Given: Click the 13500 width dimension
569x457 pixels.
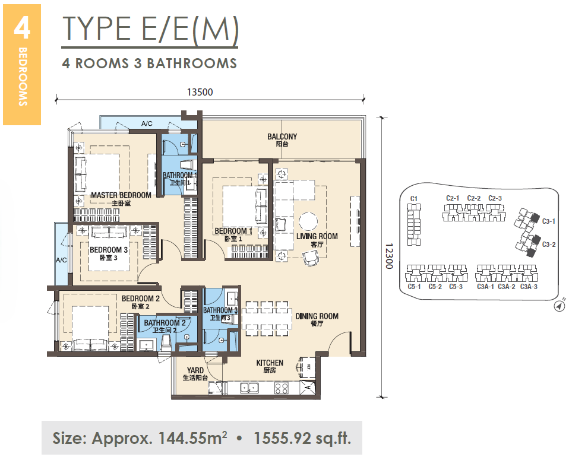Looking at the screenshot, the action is [x=200, y=92].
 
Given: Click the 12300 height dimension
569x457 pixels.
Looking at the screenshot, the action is [x=389, y=256].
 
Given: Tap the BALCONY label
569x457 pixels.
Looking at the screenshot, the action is [x=282, y=137].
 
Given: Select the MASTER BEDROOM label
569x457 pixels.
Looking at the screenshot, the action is [x=121, y=195].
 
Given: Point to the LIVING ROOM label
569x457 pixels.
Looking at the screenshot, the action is [x=317, y=236].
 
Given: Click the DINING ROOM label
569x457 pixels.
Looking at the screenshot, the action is [x=317, y=316].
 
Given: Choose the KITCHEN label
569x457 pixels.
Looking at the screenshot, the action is [x=270, y=363].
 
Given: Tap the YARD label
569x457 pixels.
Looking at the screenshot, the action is [x=195, y=370].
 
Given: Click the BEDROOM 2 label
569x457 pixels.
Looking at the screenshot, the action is [x=140, y=299].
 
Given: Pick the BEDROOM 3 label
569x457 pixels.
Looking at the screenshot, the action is [x=109, y=250].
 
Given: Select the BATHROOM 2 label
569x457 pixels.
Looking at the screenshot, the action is [x=165, y=323].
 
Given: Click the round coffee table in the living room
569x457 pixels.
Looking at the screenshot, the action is [x=308, y=221].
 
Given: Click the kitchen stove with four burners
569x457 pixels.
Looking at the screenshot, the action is [x=282, y=388].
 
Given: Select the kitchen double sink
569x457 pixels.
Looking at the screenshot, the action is [x=249, y=388].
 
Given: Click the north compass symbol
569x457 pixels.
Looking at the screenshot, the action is [x=559, y=306].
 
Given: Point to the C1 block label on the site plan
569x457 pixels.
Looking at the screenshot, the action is [x=414, y=199].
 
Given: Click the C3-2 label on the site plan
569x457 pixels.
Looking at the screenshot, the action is [x=549, y=245].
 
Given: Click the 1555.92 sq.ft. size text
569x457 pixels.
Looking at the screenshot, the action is [x=302, y=438].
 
